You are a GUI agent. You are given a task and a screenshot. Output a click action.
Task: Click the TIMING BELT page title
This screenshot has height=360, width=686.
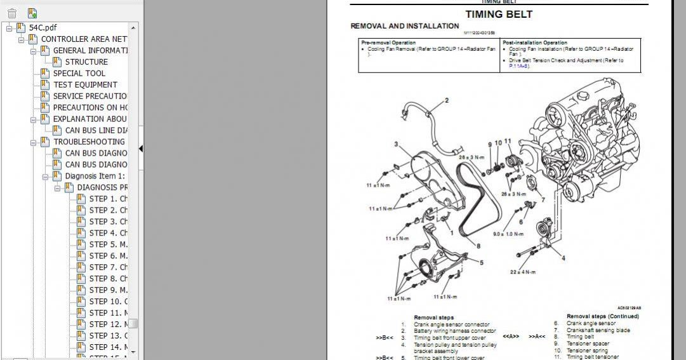coord(499,14)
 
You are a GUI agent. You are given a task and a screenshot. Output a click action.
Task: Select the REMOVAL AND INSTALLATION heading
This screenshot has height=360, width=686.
coord(404,26)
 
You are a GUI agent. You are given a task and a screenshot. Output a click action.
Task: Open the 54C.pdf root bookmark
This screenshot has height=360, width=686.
coord(43,27)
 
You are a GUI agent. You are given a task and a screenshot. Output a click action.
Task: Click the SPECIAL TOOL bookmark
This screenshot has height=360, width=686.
coord(79,73)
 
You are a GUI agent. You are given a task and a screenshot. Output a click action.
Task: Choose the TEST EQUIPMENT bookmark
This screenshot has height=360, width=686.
coord(85,84)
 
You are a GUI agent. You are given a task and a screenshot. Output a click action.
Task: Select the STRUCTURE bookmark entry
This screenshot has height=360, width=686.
coord(86,62)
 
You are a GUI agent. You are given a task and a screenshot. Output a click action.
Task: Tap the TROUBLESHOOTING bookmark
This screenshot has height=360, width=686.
coord(89,142)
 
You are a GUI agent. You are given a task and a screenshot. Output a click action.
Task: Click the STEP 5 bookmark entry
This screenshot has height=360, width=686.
coord(108,244)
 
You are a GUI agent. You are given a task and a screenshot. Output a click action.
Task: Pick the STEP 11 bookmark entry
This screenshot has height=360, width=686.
coord(108,312)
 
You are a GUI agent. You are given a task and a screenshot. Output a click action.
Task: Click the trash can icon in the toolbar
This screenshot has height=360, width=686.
coord(12,13)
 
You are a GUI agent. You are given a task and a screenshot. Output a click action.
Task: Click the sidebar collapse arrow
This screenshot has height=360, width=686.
coord(140,149)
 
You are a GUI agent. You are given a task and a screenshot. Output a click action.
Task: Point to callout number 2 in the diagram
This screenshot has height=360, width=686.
coord(446,100)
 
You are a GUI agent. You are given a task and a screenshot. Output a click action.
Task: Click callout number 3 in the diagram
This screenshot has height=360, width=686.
coord(396,145)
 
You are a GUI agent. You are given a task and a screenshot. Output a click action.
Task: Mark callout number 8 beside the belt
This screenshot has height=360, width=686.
coord(478,246)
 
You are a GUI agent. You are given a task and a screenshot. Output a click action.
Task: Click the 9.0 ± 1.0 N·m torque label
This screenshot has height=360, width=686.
coord(506,234)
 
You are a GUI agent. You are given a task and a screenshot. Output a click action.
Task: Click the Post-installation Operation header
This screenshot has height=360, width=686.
coord(535,43)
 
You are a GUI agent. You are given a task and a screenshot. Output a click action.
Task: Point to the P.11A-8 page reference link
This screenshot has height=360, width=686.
coord(520,66)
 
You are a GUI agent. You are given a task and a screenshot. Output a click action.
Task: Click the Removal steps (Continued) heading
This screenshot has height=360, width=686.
coord(602,316)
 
